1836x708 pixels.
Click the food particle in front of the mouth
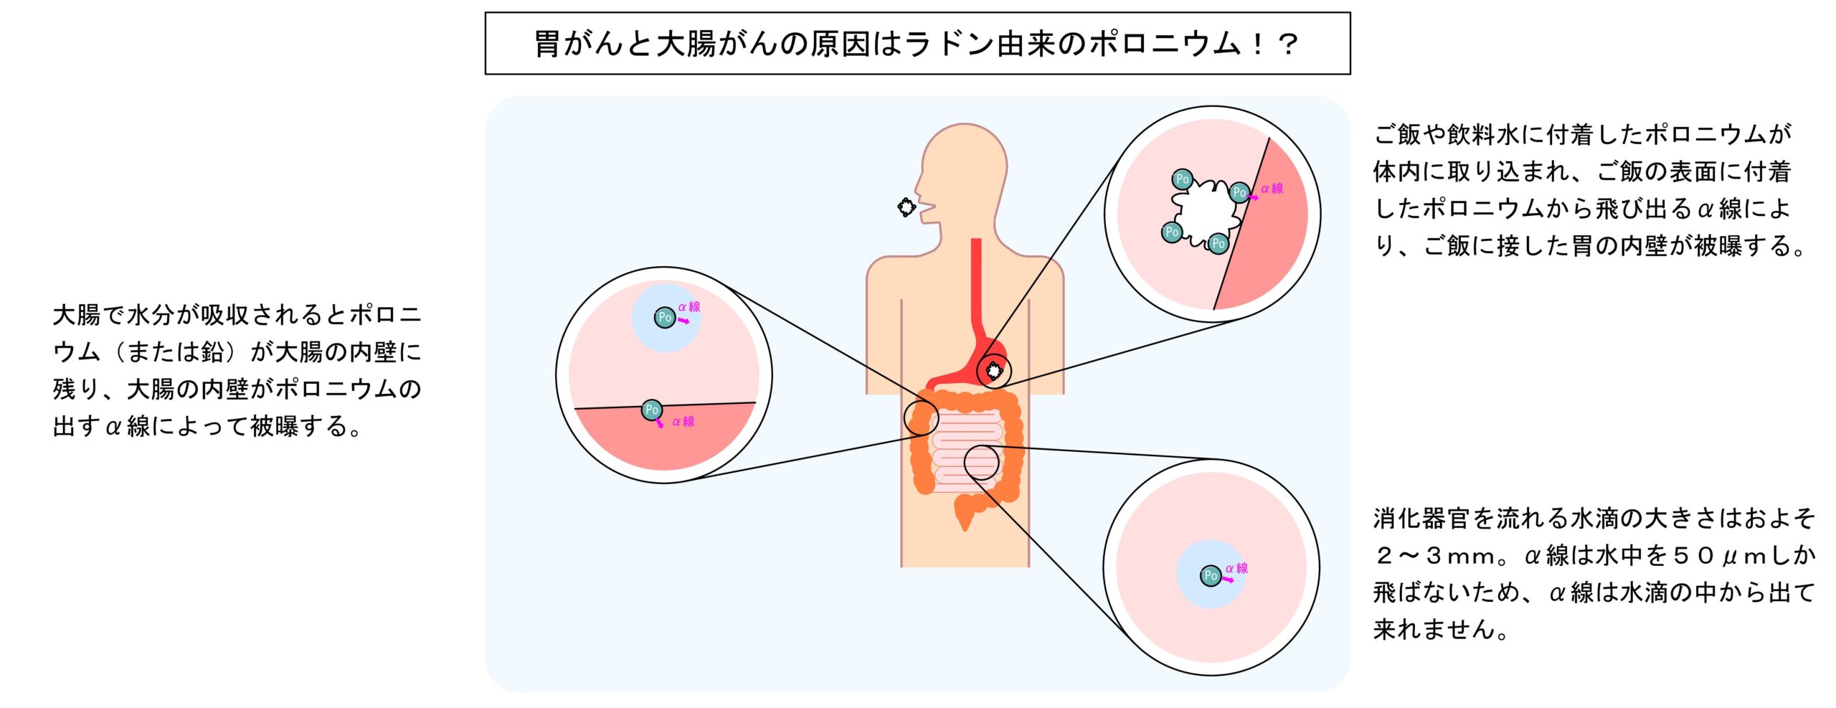point(907,207)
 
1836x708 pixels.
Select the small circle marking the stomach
point(994,371)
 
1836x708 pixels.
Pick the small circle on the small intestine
point(982,463)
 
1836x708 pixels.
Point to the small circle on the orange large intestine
point(921,417)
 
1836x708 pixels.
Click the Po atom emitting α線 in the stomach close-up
point(1239,192)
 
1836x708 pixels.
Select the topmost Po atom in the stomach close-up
point(1182,179)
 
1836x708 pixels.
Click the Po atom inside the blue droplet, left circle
point(665,317)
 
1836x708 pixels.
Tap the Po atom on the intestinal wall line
point(651,410)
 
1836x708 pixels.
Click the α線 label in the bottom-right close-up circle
point(1236,568)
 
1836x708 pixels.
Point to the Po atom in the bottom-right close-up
point(1211,575)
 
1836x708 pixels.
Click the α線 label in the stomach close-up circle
point(1272,189)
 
